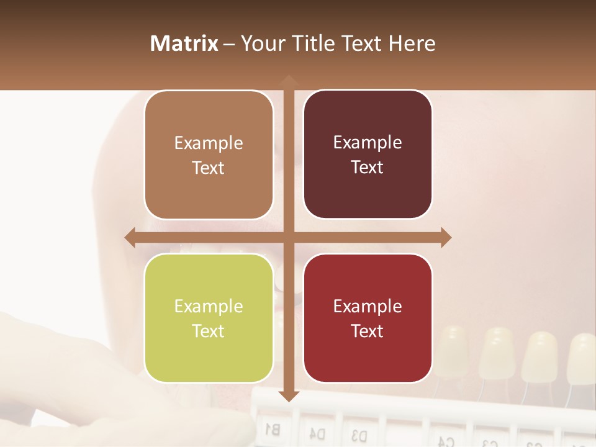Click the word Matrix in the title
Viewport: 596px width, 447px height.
(184, 43)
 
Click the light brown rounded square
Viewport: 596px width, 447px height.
(209, 155)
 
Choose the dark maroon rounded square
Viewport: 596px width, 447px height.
(368, 155)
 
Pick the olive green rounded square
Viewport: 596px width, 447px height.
(209, 318)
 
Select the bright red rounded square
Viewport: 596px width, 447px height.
(368, 318)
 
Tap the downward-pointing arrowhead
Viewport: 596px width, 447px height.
(288, 395)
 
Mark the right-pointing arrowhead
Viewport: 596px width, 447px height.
(446, 237)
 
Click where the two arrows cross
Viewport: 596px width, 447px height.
(288, 237)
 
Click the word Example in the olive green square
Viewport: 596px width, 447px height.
(209, 306)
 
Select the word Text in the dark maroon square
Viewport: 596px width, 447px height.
(368, 168)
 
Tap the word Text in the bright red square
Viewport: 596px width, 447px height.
(368, 331)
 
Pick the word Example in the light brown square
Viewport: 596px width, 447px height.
(209, 143)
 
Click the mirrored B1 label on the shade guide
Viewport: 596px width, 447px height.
(273, 429)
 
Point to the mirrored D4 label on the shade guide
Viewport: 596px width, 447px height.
(317, 432)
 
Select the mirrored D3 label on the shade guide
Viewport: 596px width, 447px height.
(359, 434)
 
